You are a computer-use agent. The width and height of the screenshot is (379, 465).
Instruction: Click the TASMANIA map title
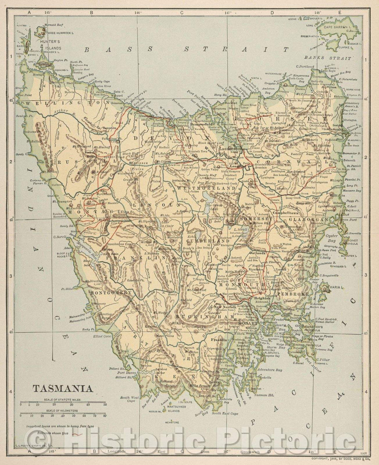pos(63,388)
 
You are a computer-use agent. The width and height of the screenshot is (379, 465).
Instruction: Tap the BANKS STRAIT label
pos(328,58)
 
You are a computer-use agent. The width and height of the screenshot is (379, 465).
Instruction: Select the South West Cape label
pos(127,399)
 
